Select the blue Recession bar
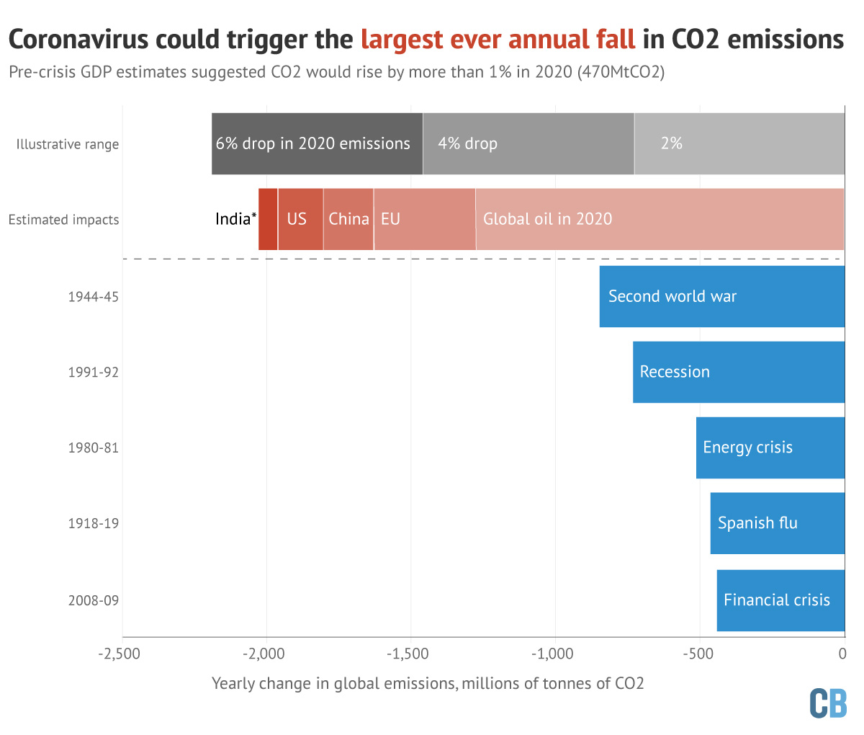[x=738, y=372]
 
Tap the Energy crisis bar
[x=770, y=447]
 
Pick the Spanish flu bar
[x=777, y=523]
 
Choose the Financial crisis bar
[x=780, y=600]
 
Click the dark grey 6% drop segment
[x=317, y=143]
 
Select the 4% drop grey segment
[x=528, y=143]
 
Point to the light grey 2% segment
[x=739, y=143]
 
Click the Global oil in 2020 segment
[x=659, y=219]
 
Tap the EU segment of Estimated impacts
[x=424, y=219]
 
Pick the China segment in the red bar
[x=348, y=219]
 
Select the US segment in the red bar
[x=300, y=219]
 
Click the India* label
[x=235, y=219]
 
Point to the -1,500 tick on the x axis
[x=411, y=654]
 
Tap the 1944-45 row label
[x=93, y=296]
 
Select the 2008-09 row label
[x=93, y=600]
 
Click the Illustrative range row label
[x=68, y=144]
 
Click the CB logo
[x=828, y=703]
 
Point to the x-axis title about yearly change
[x=428, y=683]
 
